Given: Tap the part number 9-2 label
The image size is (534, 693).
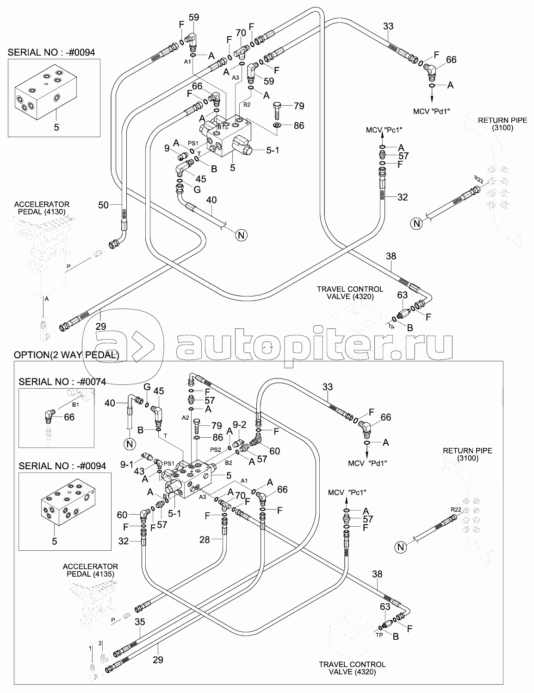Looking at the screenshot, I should coord(239,423).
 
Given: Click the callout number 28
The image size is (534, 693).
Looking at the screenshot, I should coord(205,540).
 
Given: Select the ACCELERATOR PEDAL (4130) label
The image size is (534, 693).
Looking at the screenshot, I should coord(42,208).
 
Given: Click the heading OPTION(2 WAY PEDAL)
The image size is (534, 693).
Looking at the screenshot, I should coord(66,355).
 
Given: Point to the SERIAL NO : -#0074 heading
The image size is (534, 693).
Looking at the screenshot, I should coord(62,382).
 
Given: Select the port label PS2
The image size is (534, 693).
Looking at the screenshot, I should coord(216,449).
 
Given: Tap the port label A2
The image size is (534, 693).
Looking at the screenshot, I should coord(186,418).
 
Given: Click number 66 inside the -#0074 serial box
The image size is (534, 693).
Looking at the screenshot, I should coord(69,417).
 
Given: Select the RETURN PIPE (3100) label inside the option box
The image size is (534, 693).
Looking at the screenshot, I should coord(467,454).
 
